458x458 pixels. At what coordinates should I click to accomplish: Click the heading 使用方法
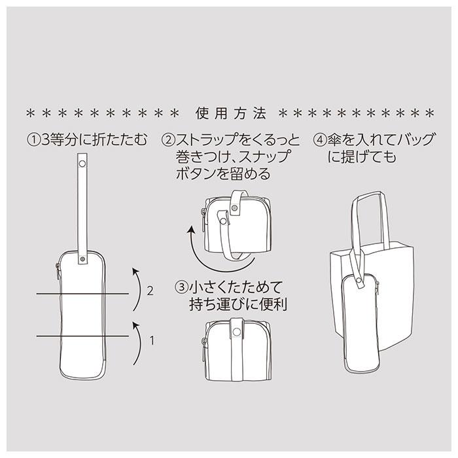231,113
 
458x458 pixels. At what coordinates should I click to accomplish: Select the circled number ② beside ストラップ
168,140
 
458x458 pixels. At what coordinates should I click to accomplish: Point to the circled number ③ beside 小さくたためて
181,287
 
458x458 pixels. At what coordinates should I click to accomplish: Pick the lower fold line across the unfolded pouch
82,336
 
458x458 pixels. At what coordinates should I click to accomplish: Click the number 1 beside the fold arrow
152,340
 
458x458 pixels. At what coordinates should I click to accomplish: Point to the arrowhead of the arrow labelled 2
136,270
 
